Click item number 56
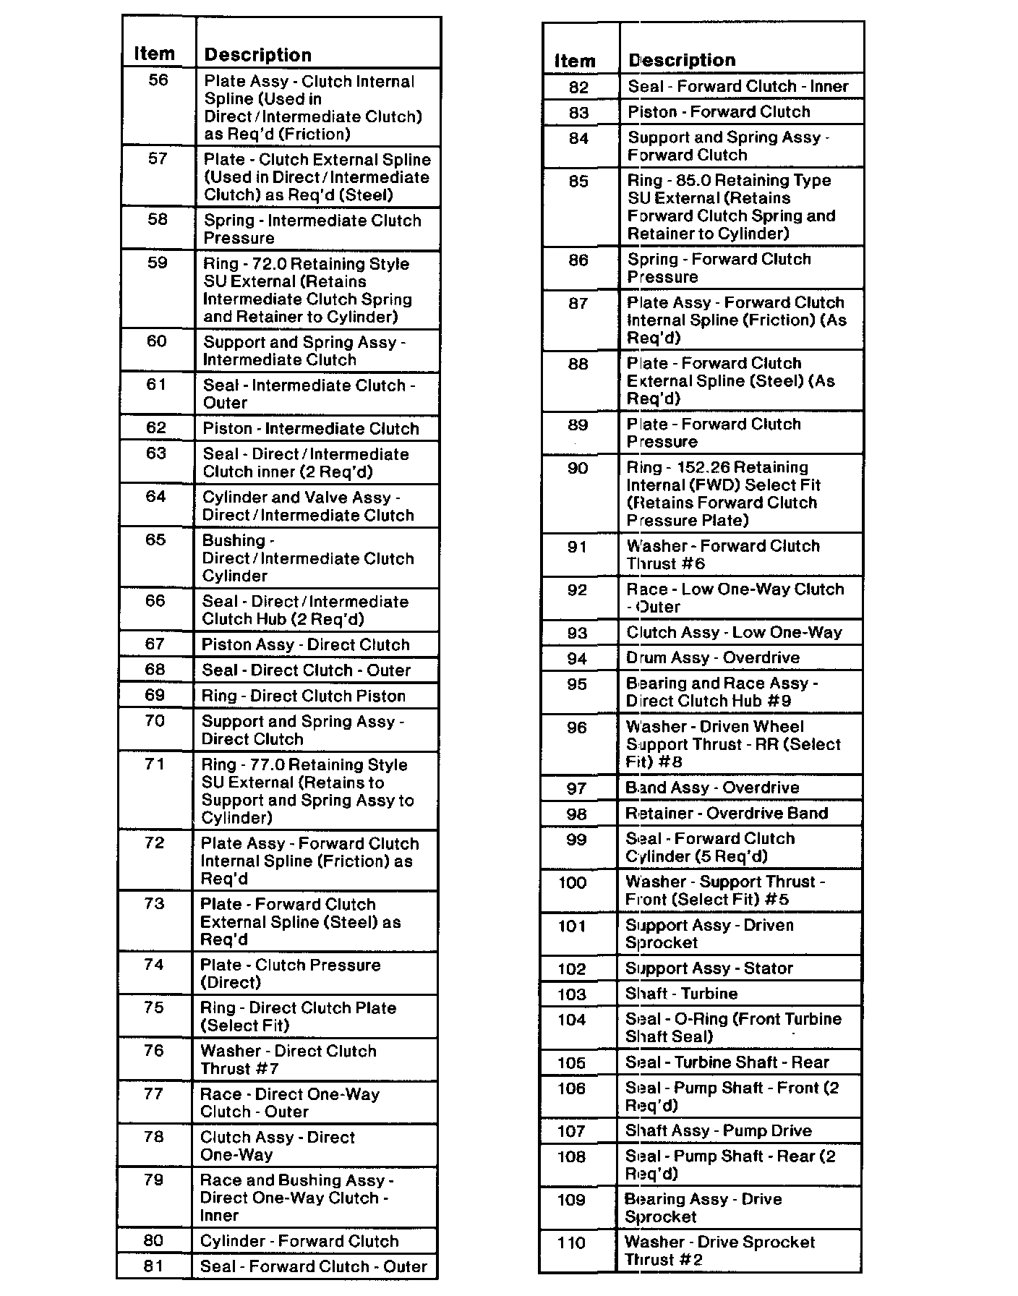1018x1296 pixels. tap(158, 80)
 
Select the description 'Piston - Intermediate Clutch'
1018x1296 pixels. tap(311, 429)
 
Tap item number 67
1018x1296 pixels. tap(155, 644)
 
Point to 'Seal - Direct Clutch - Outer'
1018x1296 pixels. tap(306, 670)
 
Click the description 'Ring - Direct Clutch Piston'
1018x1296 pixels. tap(303, 696)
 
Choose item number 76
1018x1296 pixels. tap(154, 1051)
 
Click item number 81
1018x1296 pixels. tap(153, 1266)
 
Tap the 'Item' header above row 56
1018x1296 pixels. tap(154, 54)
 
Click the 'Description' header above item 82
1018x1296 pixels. tap(682, 61)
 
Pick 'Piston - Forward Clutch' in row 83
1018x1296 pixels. tap(719, 112)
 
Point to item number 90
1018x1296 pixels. tap(578, 469)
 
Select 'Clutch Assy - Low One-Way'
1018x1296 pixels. tap(734, 633)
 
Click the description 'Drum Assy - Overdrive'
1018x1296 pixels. tap(713, 658)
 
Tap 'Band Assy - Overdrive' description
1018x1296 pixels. tap(712, 788)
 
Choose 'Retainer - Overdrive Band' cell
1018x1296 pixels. tap(727, 814)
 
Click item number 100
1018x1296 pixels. tap(573, 883)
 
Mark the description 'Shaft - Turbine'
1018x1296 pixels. tap(681, 994)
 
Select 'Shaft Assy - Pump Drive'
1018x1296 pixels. tap(718, 1131)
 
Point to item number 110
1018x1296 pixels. tap(571, 1243)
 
